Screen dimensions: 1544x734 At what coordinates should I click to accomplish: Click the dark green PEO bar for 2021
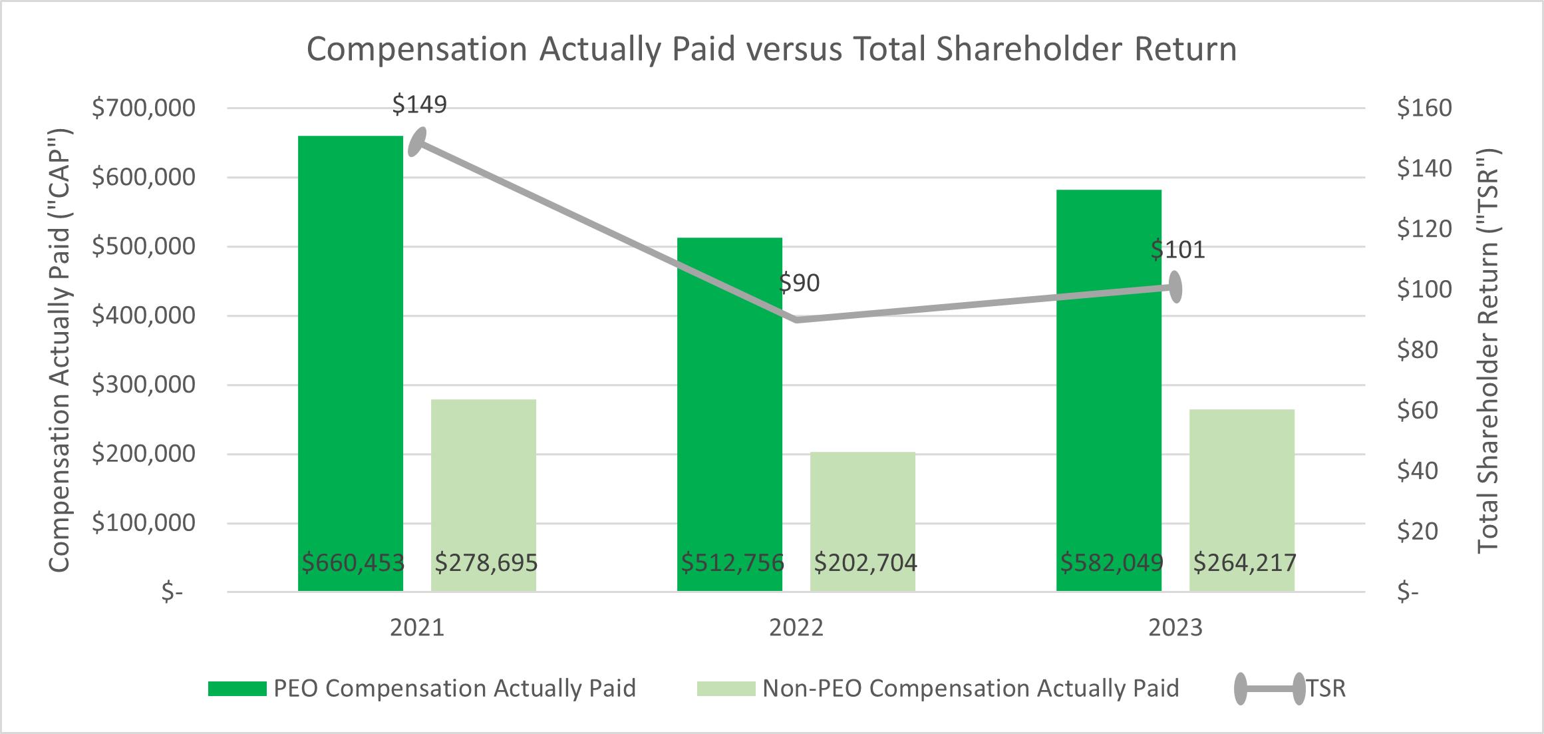coord(351,363)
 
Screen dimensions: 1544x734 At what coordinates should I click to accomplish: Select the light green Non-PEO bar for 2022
coord(863,522)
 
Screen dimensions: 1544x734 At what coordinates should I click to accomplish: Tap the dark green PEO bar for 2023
coord(1109,391)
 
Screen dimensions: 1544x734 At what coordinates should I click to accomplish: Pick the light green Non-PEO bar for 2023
coord(1242,500)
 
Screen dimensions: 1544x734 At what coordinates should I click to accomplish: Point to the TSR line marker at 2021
coord(417,142)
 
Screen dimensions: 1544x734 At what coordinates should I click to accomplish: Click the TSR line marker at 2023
coord(1175,287)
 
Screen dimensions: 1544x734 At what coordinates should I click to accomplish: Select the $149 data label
coord(419,104)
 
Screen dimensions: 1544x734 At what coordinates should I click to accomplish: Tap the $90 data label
coord(799,283)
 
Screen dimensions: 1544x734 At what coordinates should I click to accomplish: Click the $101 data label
coord(1177,250)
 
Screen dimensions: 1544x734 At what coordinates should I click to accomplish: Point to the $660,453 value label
coord(353,563)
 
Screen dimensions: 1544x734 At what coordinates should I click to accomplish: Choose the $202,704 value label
coord(865,563)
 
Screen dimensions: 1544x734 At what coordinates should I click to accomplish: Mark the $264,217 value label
coord(1245,563)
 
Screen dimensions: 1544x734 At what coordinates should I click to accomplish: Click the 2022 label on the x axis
coord(796,628)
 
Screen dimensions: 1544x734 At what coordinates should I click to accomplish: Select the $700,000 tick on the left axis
coord(144,108)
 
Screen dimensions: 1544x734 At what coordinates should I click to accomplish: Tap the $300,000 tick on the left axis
coord(144,385)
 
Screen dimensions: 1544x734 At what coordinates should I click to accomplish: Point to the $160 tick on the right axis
coord(1424,108)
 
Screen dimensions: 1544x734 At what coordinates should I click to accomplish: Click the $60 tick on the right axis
coord(1418,411)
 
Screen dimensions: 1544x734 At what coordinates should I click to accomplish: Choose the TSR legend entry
coord(1290,688)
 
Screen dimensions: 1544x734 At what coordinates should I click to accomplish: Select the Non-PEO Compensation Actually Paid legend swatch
coord(726,688)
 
